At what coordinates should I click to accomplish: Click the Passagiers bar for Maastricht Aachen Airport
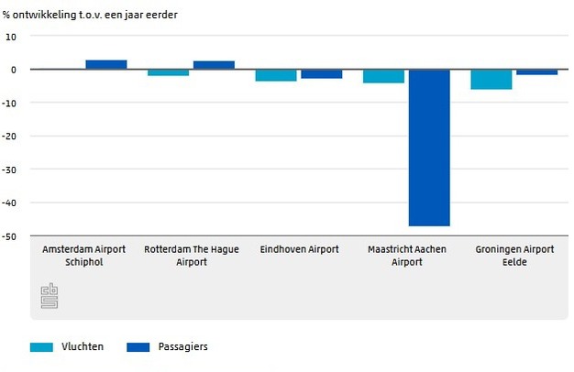tap(429, 147)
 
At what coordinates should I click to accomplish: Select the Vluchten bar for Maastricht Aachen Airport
tap(383, 76)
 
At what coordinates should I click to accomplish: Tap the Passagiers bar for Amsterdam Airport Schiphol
tap(106, 64)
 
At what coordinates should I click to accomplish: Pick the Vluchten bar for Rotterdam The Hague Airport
tap(169, 72)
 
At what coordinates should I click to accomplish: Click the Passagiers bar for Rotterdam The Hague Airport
tap(214, 65)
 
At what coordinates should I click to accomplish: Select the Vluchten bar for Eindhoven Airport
tap(276, 75)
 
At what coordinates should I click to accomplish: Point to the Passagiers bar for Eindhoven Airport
tap(322, 73)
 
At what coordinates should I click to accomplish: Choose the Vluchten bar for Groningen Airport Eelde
tap(491, 79)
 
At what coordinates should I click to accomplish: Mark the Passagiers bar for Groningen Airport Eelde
tap(536, 71)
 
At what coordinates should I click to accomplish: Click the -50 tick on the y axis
tap(11, 236)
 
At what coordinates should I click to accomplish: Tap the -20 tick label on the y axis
tap(11, 136)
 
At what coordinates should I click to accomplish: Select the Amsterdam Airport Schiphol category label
tap(84, 256)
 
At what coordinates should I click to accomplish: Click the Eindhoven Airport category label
tap(299, 249)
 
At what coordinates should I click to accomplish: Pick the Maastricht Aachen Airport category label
tap(406, 256)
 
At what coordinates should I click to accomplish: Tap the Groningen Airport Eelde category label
tap(514, 256)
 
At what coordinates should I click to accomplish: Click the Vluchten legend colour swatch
tap(42, 347)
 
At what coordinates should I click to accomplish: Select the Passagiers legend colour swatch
tap(138, 347)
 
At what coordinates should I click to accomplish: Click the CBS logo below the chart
tap(50, 295)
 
